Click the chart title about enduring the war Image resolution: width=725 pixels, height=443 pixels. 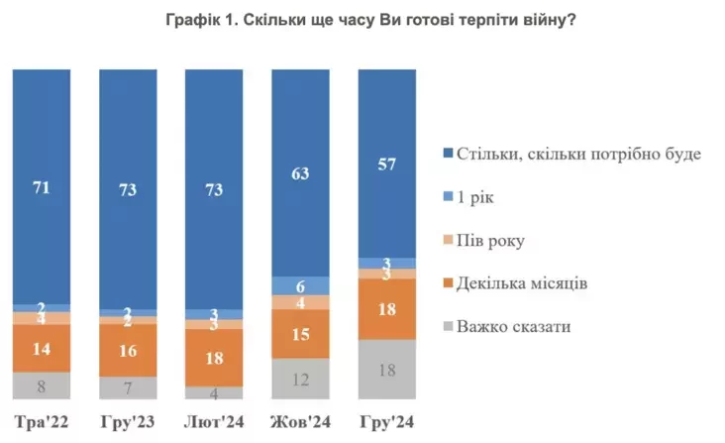362,22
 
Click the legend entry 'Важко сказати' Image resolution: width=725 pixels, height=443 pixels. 513,326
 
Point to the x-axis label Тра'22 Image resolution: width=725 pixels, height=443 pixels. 42,423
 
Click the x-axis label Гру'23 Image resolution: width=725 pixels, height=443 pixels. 128,423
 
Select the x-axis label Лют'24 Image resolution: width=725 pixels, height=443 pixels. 215,423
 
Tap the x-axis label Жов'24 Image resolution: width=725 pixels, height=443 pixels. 301,423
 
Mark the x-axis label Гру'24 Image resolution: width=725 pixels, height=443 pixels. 387,423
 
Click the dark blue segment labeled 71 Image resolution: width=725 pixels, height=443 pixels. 42,186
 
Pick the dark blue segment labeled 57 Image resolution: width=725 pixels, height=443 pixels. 387,163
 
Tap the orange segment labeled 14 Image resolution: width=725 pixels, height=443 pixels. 42,348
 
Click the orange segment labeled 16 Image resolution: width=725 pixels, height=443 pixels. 128,350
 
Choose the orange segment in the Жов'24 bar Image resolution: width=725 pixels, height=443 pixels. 301,335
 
